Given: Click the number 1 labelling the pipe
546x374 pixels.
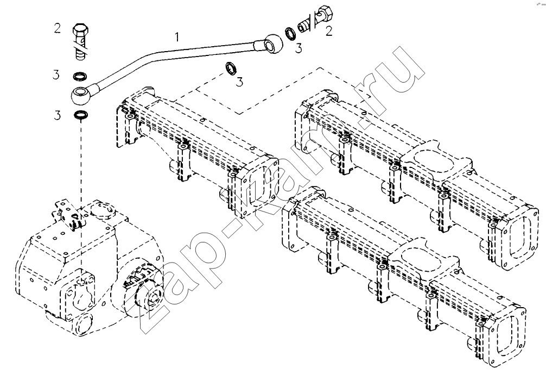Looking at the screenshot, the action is (x=177, y=36).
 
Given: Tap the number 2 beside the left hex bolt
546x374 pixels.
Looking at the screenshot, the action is (x=58, y=28).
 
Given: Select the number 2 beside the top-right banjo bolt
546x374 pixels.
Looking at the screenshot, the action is (x=329, y=32).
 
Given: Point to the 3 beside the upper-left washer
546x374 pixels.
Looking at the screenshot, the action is (x=56, y=74).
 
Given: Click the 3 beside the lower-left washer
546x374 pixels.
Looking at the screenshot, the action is (x=57, y=115).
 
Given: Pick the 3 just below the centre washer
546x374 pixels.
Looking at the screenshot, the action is (x=239, y=82).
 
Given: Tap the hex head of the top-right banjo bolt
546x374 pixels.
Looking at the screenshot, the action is (x=327, y=13).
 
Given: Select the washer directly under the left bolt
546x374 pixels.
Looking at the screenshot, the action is (x=80, y=76).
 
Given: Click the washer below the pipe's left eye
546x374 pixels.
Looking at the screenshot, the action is (x=80, y=114).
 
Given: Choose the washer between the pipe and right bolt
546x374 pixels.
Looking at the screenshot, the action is (x=290, y=33).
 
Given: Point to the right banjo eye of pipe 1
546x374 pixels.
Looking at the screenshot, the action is (x=272, y=43).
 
